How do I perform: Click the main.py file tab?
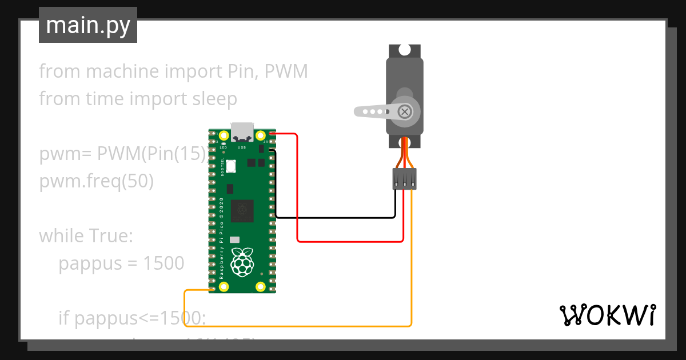88,25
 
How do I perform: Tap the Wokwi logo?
607,315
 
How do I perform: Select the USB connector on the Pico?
242,132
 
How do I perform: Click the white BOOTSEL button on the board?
231,166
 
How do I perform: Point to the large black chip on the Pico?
242,211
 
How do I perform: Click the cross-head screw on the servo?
405,111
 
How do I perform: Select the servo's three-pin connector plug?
404,179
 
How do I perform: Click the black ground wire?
337,218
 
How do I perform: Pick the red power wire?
354,241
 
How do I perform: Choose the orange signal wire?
297,326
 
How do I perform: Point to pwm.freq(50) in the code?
96,181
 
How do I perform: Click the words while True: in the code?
86,236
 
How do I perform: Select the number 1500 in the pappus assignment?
163,263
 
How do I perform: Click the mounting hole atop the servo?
405,50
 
